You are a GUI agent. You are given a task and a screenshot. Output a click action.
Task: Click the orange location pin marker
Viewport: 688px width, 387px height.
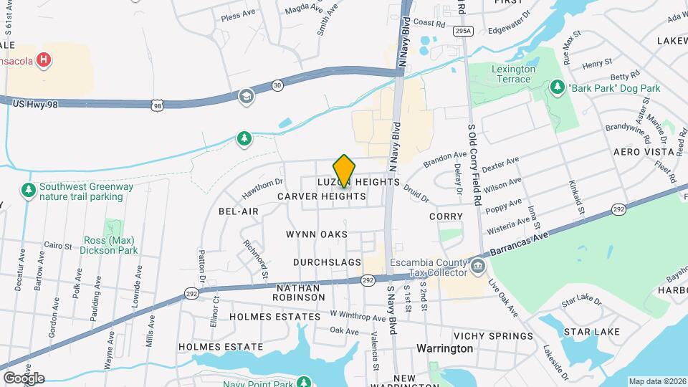[345, 171]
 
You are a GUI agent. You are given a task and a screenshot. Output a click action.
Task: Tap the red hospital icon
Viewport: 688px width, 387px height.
[44, 60]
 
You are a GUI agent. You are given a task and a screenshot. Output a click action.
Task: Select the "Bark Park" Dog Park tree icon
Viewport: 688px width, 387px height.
[557, 87]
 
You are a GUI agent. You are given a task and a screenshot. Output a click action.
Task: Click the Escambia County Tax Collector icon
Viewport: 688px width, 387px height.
[479, 267]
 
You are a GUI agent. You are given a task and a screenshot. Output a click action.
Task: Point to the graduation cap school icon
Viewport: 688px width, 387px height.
[246, 96]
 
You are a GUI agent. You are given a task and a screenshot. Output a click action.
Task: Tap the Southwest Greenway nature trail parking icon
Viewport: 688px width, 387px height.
[28, 191]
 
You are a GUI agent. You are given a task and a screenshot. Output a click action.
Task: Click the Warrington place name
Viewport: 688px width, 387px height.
[444, 348]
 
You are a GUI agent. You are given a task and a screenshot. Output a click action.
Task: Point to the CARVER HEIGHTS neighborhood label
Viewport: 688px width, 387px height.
[322, 196]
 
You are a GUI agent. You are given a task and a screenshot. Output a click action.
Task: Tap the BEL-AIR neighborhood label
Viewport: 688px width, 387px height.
[238, 211]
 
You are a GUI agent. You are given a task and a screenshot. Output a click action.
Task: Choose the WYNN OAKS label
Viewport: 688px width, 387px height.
[316, 234]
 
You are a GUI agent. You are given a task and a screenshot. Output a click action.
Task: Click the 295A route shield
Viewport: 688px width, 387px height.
[463, 32]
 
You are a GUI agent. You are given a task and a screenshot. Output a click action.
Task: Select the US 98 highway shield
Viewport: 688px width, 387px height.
[156, 105]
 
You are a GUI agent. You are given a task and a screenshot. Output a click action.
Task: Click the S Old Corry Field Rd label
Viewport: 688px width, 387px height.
[473, 164]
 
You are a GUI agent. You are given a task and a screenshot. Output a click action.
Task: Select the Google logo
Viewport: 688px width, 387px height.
[24, 378]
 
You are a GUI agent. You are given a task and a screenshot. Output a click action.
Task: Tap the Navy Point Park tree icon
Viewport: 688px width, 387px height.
[303, 381]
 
